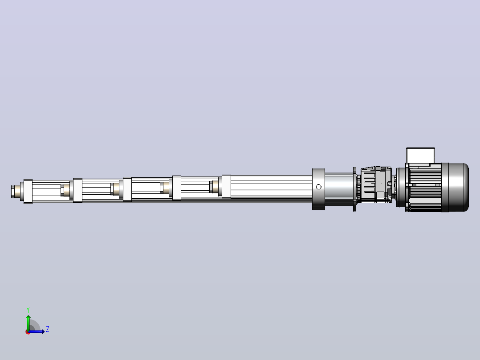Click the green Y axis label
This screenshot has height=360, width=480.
point(28,310)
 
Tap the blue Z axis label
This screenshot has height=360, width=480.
point(48,329)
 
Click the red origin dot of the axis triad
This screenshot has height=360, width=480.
point(28,332)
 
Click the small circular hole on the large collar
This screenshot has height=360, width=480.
point(319,187)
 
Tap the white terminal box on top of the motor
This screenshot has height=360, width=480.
point(420,156)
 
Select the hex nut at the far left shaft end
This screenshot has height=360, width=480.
point(13,192)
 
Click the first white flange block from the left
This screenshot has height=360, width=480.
point(28,192)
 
